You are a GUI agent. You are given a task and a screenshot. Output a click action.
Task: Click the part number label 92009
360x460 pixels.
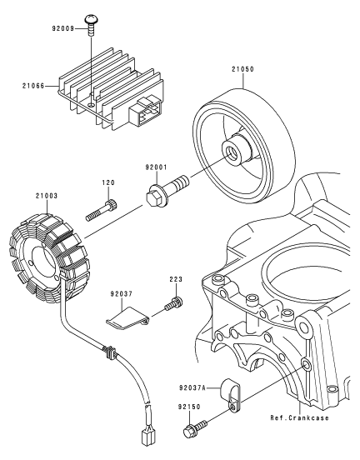(x=63, y=28)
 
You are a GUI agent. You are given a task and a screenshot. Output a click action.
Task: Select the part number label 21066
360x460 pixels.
(x=33, y=86)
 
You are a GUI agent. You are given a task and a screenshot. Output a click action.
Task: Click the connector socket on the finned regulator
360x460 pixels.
(x=146, y=113)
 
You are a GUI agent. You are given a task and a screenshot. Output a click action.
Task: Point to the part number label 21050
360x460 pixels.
(x=243, y=69)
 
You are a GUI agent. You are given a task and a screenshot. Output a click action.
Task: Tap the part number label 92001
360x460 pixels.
(x=156, y=167)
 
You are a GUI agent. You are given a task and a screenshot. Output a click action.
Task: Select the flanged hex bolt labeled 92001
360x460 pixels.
(x=167, y=191)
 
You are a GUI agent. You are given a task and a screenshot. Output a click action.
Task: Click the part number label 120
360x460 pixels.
(x=108, y=182)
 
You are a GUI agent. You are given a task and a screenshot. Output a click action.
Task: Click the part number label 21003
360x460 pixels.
(x=47, y=195)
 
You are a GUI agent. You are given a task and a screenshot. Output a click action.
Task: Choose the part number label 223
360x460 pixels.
(x=176, y=279)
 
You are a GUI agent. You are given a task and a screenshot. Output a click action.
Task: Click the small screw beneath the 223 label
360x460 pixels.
(x=173, y=303)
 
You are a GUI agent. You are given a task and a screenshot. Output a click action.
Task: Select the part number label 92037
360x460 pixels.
(x=122, y=293)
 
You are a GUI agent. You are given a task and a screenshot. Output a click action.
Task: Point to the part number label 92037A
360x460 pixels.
(x=192, y=387)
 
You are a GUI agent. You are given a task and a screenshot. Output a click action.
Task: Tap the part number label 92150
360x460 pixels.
(x=189, y=407)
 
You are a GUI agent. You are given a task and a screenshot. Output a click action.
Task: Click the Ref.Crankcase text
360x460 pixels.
(x=299, y=417)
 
